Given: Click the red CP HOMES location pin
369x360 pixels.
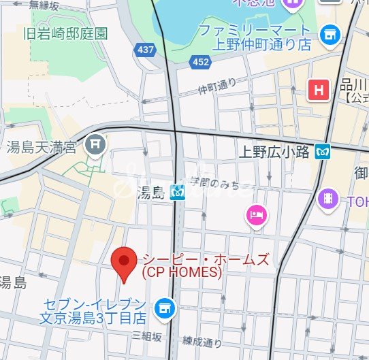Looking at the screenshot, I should (123, 262).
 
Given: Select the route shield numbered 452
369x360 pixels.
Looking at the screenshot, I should (201, 62).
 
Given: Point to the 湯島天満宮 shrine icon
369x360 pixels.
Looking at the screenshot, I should (95, 144).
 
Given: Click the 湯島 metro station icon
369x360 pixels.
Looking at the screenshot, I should (178, 193).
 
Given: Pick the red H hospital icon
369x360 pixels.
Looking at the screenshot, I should (317, 90).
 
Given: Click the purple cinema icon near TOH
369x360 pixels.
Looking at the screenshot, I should (328, 199).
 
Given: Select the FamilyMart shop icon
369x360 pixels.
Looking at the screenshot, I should (330, 33).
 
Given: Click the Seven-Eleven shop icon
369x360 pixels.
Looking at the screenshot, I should (164, 310).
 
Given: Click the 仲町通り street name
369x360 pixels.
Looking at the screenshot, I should (217, 86).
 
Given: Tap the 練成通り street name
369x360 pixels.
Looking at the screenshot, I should (203, 342).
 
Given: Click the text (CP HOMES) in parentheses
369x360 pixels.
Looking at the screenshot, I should (182, 272).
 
